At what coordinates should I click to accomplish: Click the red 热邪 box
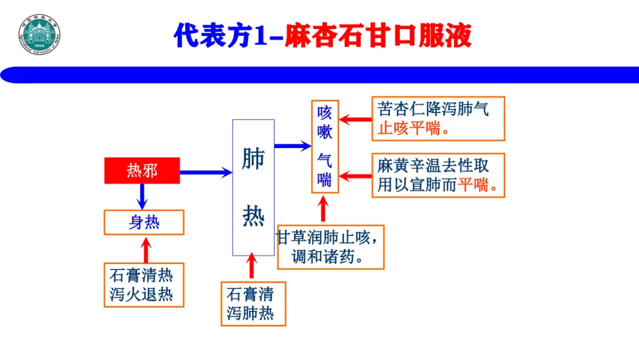coord(142,171)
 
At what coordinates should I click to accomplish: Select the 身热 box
coord(144,222)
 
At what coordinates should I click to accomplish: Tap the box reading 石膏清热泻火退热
coord(144,285)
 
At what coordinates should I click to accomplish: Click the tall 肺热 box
coord(253,187)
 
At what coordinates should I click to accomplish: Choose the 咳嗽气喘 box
coord(325,147)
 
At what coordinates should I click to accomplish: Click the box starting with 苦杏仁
coord(438,119)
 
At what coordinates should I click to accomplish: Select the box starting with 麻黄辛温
coord(438,176)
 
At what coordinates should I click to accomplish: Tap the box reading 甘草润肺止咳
coord(330,247)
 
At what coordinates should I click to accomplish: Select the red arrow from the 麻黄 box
coord(355,176)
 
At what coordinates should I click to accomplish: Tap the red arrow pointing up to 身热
coord(146,249)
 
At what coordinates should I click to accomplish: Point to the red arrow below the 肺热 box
coord(252,266)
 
